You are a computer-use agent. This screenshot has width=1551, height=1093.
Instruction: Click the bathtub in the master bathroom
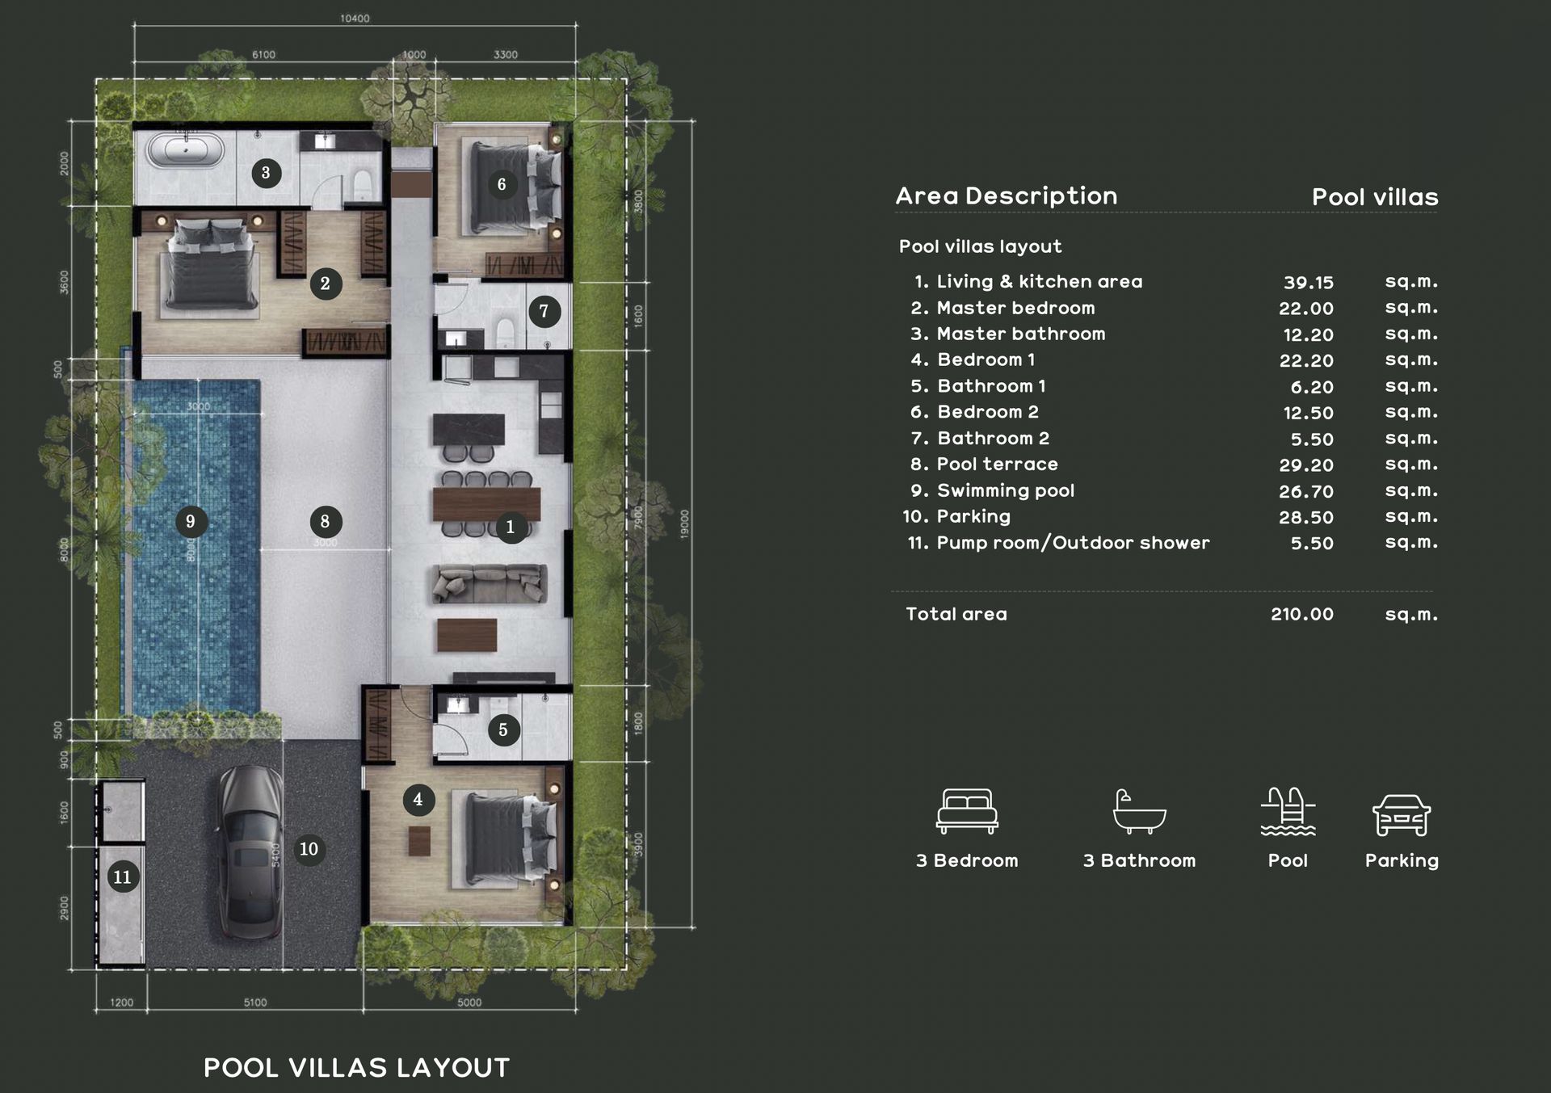pyautogui.click(x=185, y=151)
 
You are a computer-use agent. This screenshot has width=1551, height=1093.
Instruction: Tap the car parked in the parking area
pyautogui.click(x=250, y=851)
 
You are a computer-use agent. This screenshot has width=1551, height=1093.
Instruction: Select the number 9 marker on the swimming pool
pyautogui.click(x=191, y=522)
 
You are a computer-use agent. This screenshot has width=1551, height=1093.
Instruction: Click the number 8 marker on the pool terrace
pyautogui.click(x=326, y=522)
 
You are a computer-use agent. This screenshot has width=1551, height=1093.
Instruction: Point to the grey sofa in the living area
pyautogui.click(x=489, y=583)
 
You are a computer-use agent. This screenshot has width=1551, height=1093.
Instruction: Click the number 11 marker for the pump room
pyautogui.click(x=122, y=877)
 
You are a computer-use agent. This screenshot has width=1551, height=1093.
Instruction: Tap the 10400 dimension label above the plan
pyautogui.click(x=355, y=19)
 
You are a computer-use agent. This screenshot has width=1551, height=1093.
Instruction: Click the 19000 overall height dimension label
pyautogui.click(x=684, y=524)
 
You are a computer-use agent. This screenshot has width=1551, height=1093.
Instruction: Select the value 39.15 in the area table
pyautogui.click(x=1308, y=283)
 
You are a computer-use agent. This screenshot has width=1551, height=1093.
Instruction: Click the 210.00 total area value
pyautogui.click(x=1301, y=614)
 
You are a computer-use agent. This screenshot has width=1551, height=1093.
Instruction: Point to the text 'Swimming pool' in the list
pyautogui.click(x=1005, y=490)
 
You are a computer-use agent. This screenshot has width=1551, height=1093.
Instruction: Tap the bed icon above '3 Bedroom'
pyautogui.click(x=967, y=810)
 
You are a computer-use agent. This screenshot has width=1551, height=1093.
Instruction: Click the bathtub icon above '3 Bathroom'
pyautogui.click(x=1139, y=810)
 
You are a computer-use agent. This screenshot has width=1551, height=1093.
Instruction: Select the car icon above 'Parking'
pyautogui.click(x=1402, y=814)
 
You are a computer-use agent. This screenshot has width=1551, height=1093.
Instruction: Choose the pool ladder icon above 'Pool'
pyautogui.click(x=1288, y=810)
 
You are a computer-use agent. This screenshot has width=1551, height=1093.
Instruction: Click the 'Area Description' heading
pyautogui.click(x=1006, y=195)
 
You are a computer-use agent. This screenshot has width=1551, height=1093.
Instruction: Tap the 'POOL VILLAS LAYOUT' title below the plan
pyautogui.click(x=356, y=1068)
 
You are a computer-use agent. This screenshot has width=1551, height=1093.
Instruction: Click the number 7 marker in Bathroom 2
pyautogui.click(x=544, y=311)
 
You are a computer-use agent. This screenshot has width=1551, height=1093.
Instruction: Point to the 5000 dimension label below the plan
pyautogui.click(x=469, y=1003)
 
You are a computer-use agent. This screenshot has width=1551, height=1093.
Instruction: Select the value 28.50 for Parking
pyautogui.click(x=1305, y=517)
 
